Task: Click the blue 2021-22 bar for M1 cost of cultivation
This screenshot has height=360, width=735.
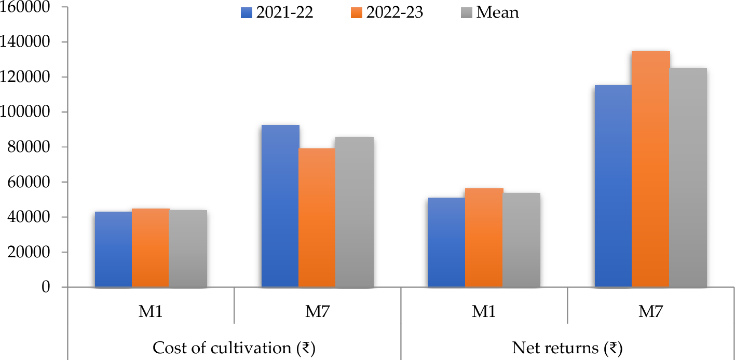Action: pyautogui.click(x=113, y=250)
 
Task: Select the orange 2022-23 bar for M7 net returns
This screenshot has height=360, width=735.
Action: pyautogui.click(x=651, y=169)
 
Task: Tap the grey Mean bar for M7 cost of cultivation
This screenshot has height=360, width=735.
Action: pyautogui.click(x=354, y=212)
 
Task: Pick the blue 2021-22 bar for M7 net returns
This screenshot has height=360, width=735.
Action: pyautogui.click(x=614, y=186)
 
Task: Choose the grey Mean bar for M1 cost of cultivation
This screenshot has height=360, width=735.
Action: pyautogui.click(x=188, y=248)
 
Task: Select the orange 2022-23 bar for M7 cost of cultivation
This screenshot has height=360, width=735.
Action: pyautogui.click(x=317, y=218)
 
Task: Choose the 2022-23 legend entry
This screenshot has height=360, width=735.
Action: pyautogui.click(x=387, y=12)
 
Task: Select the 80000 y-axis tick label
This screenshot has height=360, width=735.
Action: pyautogui.click(x=30, y=147)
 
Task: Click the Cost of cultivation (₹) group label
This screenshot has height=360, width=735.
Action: pyautogui.click(x=234, y=348)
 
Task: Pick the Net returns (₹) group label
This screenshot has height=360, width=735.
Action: pyautogui.click(x=567, y=348)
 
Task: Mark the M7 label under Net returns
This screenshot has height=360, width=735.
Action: pyautogui.click(x=651, y=311)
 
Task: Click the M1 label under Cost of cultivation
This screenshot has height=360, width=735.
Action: pyautogui.click(x=151, y=311)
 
